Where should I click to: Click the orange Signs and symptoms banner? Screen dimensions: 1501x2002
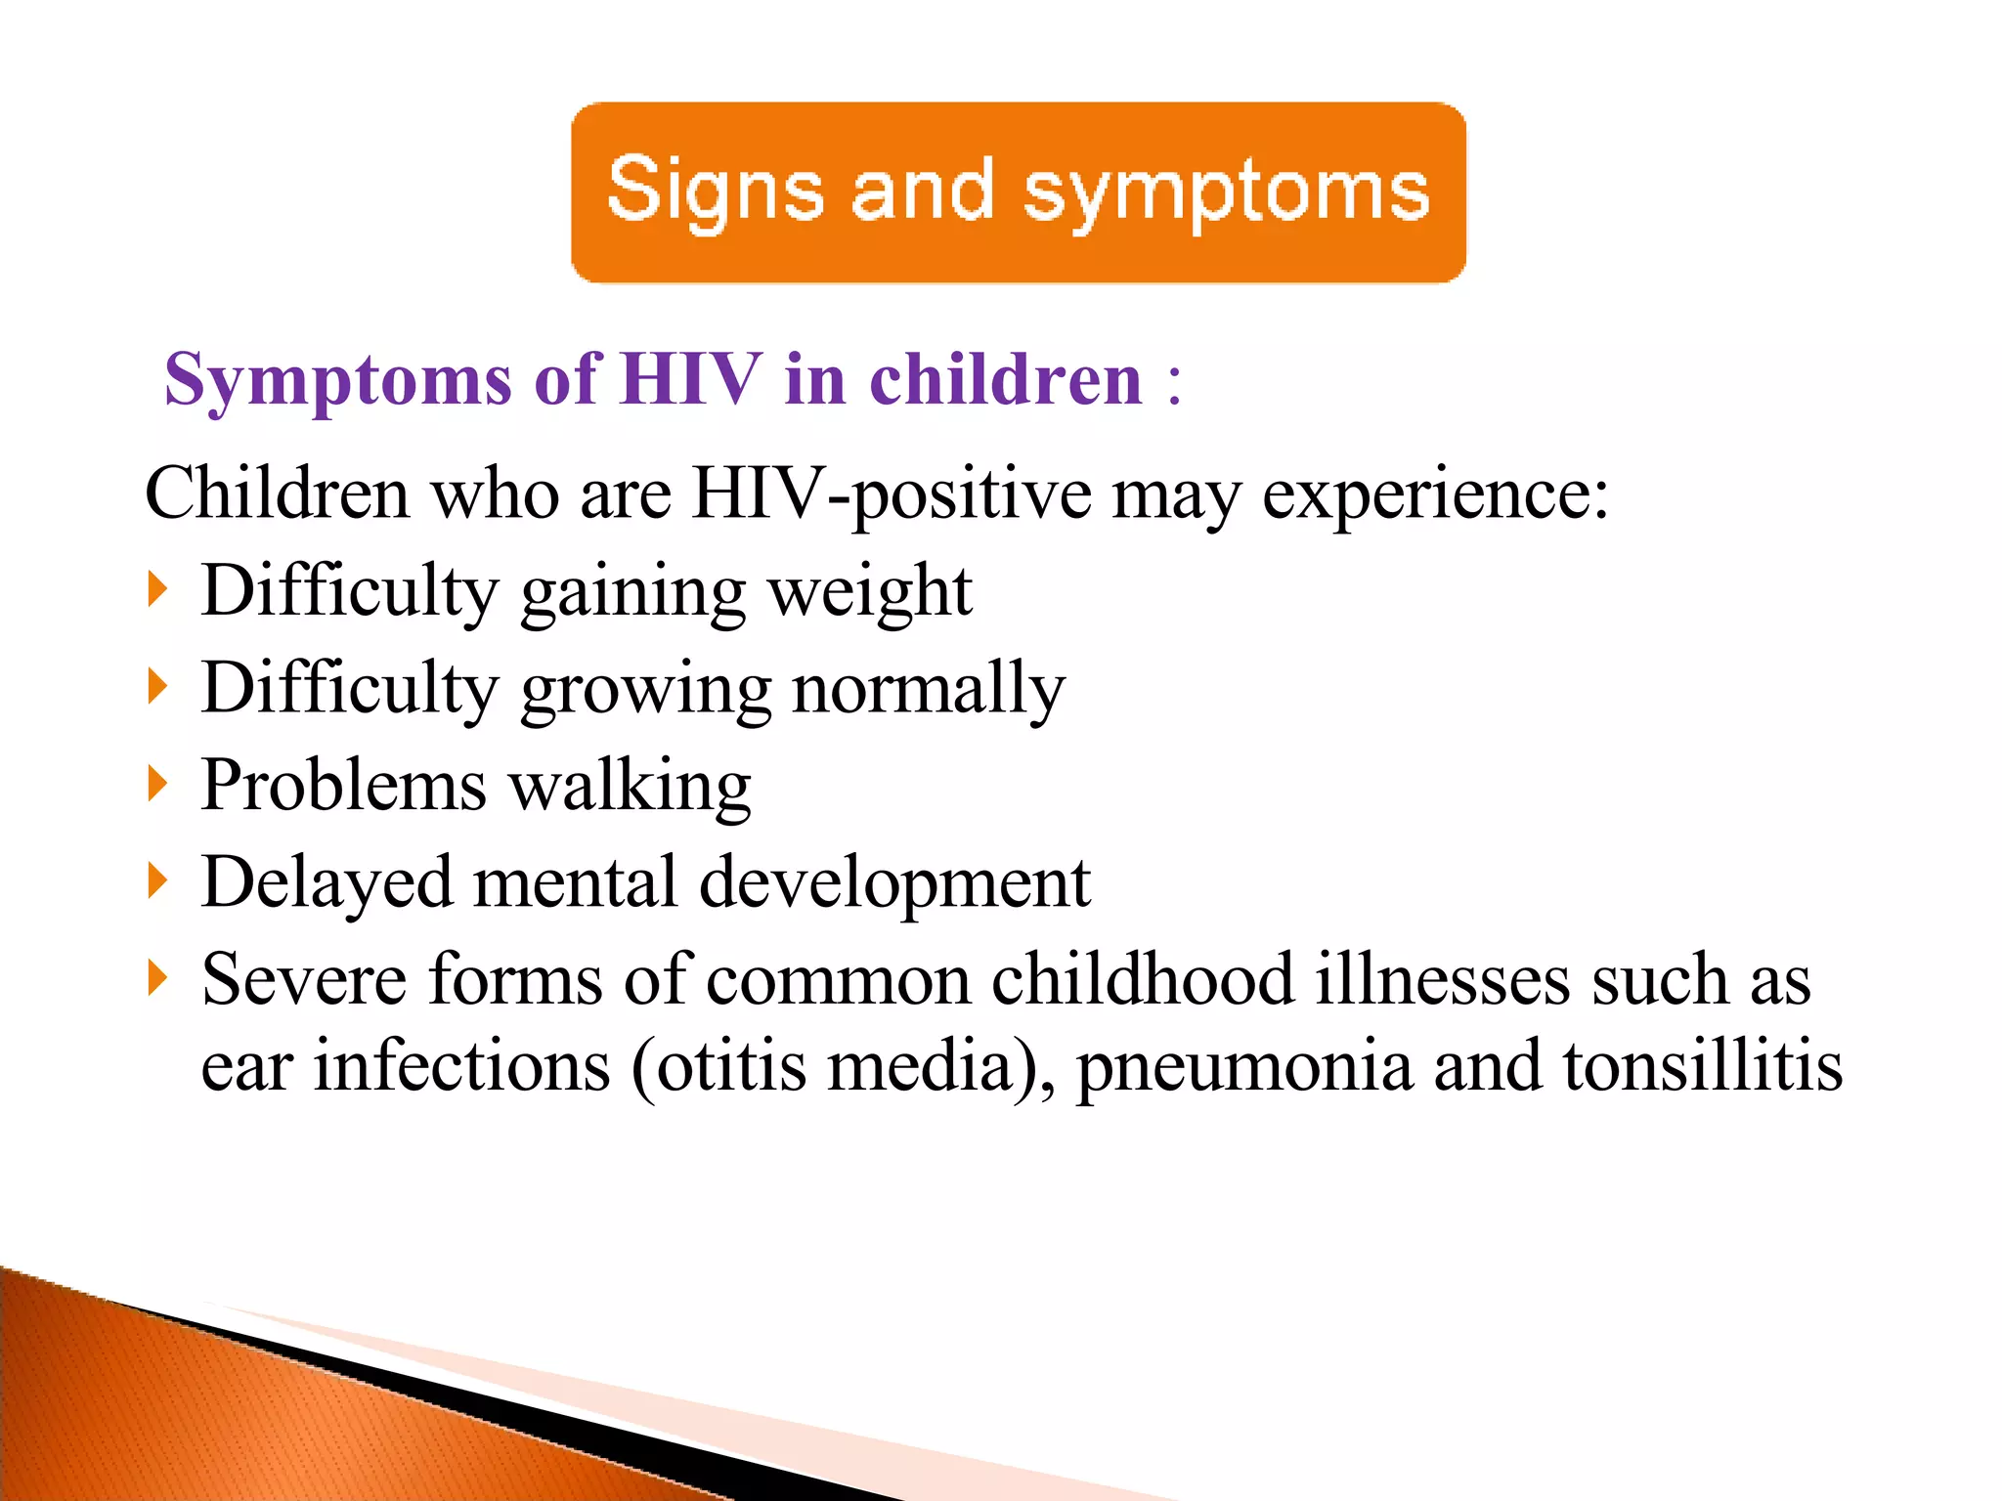pyautogui.click(x=1018, y=193)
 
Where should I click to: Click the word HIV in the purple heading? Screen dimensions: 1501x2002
pyautogui.click(x=690, y=379)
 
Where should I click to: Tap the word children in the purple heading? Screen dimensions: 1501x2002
pyautogui.click(x=1006, y=379)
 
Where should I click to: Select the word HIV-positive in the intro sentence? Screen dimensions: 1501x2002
pyautogui.click(x=891, y=494)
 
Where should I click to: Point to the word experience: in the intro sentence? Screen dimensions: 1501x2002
pyautogui.click(x=1434, y=494)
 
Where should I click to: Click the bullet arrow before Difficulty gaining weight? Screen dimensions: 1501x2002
pyautogui.click(x=158, y=590)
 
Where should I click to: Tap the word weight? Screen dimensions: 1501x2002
pyautogui.click(x=869, y=592)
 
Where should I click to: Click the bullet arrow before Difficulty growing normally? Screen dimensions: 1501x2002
pyautogui.click(x=158, y=687)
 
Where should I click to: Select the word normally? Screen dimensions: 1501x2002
pyautogui.click(x=928, y=690)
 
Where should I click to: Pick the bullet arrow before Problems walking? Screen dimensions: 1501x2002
pyautogui.click(x=158, y=784)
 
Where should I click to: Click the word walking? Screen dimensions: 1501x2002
pyautogui.click(x=631, y=787)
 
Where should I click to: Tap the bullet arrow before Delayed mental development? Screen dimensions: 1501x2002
pyautogui.click(x=158, y=880)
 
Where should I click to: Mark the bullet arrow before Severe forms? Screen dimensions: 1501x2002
pyautogui.click(x=158, y=977)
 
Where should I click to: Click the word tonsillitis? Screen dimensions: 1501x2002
pyautogui.click(x=1702, y=1065)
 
